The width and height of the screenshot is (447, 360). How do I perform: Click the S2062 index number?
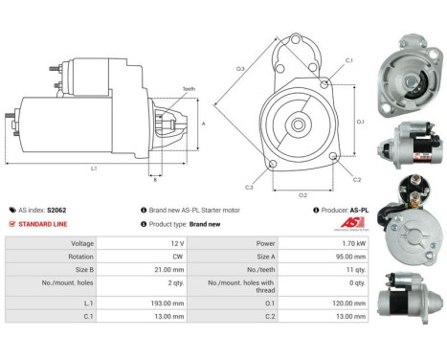coord(57,210)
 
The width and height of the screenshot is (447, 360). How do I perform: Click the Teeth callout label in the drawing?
coord(189,89)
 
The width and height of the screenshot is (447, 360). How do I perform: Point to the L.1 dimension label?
coord(92,169)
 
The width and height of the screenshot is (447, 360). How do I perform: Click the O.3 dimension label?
coord(240,68)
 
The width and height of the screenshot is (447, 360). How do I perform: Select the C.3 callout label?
coord(249,186)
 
